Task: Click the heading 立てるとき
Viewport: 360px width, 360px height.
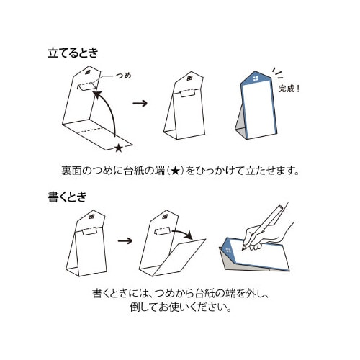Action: tap(73, 53)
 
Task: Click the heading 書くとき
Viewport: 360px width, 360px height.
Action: tap(68, 197)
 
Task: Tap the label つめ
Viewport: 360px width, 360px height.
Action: tap(124, 76)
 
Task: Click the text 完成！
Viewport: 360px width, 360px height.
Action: tap(289, 89)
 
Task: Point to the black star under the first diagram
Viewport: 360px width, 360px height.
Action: tap(119, 148)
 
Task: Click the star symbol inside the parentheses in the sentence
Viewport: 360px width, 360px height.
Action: tap(176, 171)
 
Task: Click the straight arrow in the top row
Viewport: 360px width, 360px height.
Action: tap(140, 103)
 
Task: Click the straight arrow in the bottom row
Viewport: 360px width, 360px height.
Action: tap(125, 240)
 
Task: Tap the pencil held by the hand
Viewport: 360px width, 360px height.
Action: tap(262, 227)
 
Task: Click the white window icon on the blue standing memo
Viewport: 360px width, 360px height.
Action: tap(256, 78)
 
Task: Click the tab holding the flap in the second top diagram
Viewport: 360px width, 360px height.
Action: tap(187, 93)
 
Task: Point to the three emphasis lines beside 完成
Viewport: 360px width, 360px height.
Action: tap(277, 73)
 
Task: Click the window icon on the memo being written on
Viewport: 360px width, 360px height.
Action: tap(228, 251)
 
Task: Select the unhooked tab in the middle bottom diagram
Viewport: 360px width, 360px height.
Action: tap(163, 230)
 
